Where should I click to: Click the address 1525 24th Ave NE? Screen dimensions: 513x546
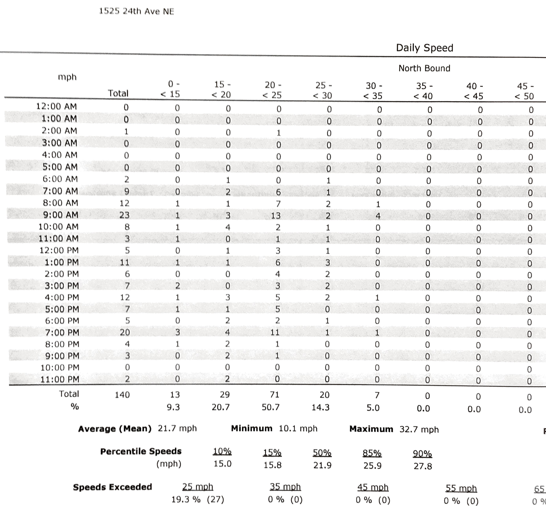coord(136,11)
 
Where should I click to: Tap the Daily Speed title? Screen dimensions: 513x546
coord(424,48)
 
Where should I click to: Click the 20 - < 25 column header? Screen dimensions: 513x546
coord(272,90)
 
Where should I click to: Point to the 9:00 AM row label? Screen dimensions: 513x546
coord(61,215)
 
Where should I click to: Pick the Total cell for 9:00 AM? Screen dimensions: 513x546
coord(124,215)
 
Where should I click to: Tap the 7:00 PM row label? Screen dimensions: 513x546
coord(62,332)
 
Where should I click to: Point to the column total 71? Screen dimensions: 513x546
coord(274,395)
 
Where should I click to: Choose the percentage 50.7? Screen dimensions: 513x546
coord(270,407)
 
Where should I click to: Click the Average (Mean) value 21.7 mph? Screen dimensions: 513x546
coord(177,428)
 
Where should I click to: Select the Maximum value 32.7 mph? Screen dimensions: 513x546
coord(419,429)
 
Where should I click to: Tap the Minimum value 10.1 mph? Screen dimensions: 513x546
coord(298,429)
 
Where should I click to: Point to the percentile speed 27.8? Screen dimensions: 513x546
coord(423,466)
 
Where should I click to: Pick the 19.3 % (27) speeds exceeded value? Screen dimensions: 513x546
coord(198,499)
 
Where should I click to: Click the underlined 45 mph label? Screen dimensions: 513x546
coord(373,487)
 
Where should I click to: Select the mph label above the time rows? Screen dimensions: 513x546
coord(67,77)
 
